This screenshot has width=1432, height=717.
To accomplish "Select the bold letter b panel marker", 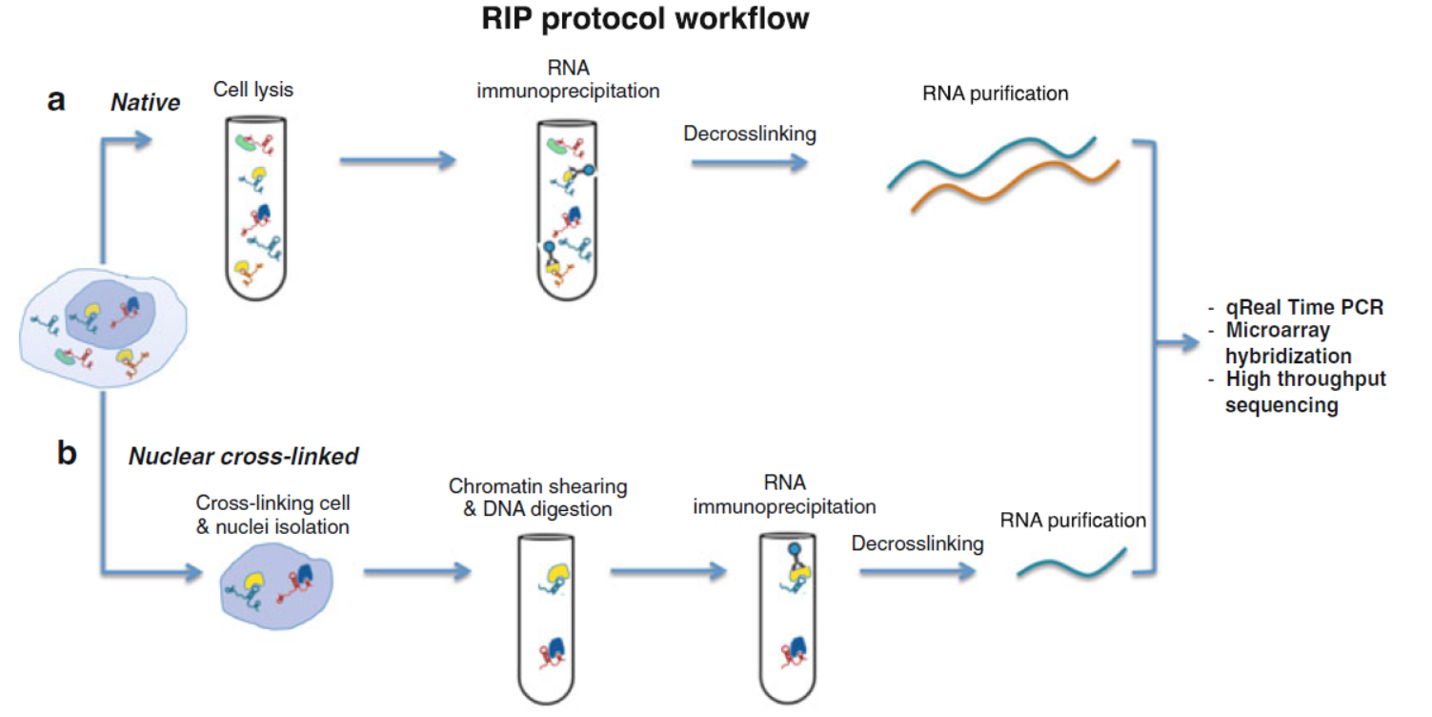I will point(67,454).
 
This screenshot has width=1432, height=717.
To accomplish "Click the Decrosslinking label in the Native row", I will point(749,133).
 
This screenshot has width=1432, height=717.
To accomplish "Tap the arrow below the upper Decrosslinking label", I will point(749,164).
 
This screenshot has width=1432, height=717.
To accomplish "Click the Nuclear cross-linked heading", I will point(243,457).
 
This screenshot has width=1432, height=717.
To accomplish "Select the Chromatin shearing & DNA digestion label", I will point(537,498).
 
